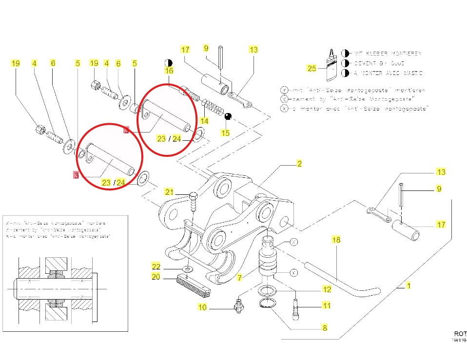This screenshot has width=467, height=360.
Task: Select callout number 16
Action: (x=169, y=71)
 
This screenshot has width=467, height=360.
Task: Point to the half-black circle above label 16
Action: (x=169, y=63)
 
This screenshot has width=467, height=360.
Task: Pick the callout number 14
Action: (x=204, y=121)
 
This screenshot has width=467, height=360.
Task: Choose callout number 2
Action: (x=299, y=164)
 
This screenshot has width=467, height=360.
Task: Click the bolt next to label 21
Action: (x=194, y=201)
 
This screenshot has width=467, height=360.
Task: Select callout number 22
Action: (x=156, y=266)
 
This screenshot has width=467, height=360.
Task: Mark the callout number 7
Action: (x=239, y=278)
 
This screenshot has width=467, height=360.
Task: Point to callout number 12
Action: (x=327, y=289)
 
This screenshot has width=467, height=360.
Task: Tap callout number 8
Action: (x=324, y=328)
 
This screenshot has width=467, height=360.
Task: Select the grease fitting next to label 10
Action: (x=239, y=306)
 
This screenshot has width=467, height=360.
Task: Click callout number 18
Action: (x=336, y=240)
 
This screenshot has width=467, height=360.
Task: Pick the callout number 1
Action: (x=409, y=286)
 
